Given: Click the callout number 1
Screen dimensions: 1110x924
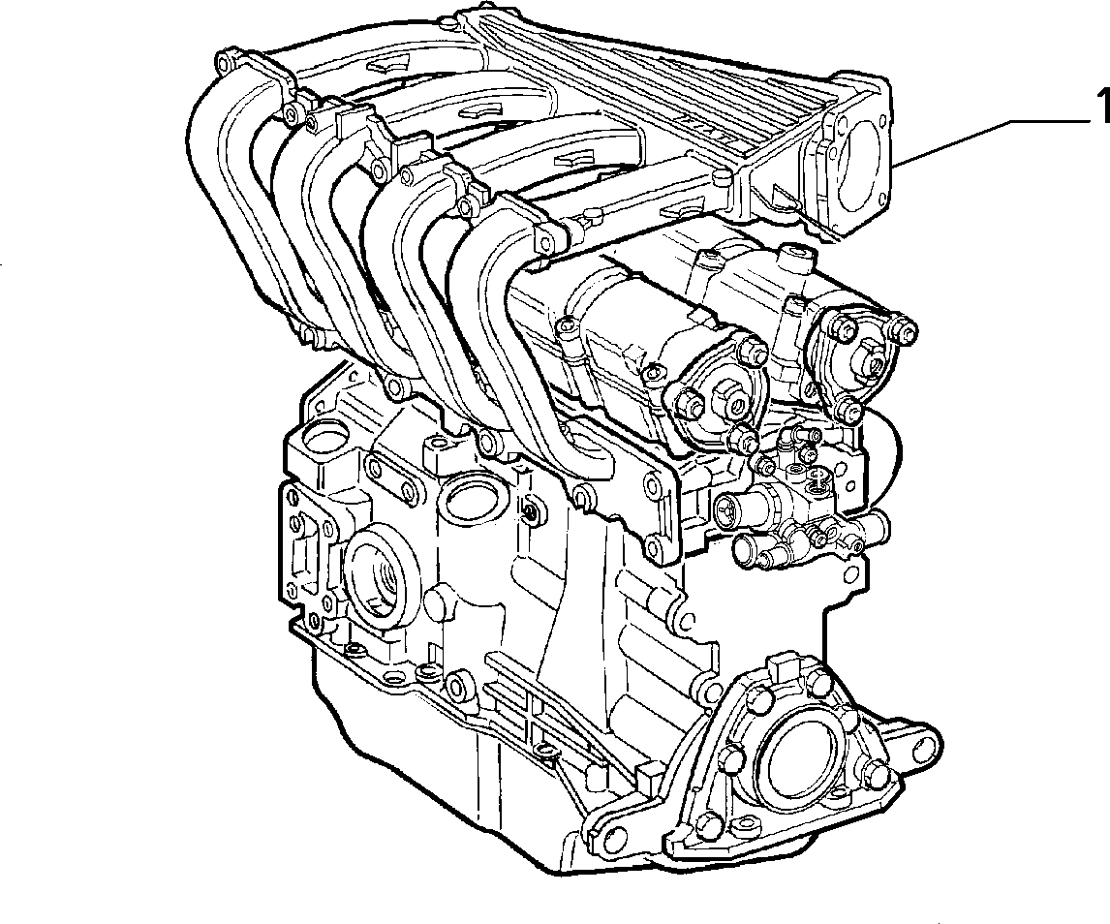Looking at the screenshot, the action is [1101, 107].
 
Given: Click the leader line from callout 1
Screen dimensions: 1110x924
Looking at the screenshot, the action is [991, 136].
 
